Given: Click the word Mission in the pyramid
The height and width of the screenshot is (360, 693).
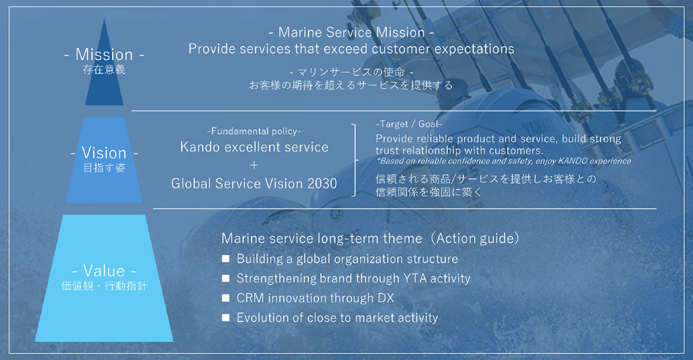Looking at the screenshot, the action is (104, 54).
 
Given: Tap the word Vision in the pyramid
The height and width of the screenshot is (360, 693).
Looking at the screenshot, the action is (104, 153).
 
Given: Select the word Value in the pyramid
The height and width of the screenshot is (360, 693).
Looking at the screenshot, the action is (104, 271).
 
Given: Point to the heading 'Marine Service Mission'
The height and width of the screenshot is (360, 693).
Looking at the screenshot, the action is (351, 32).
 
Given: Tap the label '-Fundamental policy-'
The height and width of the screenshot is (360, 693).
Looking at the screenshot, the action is (254, 131).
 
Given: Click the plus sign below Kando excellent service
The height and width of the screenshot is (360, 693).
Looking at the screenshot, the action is (254, 166).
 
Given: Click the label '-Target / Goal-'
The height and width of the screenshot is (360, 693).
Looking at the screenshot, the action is (408, 124).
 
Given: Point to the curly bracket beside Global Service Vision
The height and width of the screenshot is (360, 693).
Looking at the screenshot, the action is (355, 160).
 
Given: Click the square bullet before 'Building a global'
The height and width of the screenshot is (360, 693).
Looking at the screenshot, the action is (225, 259).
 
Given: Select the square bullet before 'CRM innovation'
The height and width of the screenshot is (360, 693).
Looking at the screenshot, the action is (225, 297).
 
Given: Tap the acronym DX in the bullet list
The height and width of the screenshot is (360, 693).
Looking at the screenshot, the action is (386, 298).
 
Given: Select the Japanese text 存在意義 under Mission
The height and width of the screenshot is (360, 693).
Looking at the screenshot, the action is (104, 70).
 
